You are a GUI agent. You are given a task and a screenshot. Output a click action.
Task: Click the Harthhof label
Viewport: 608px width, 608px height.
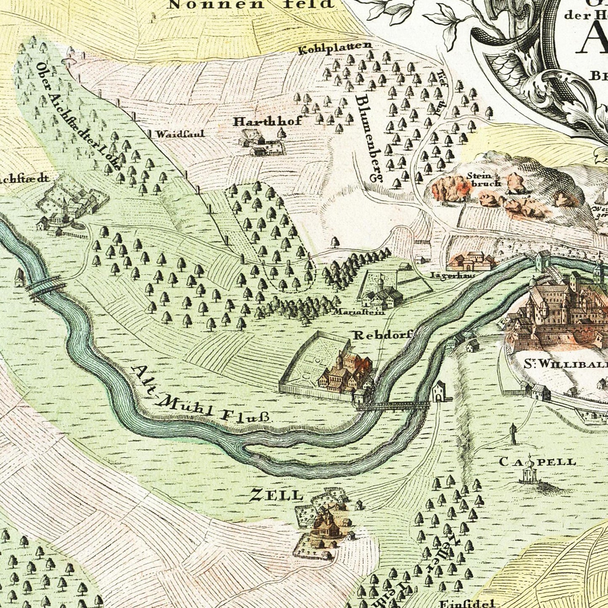click(x=268, y=122)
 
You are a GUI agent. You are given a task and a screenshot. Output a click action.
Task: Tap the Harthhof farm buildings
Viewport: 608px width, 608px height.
click(x=260, y=143)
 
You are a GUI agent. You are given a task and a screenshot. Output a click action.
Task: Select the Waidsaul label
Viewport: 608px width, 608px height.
click(x=180, y=134)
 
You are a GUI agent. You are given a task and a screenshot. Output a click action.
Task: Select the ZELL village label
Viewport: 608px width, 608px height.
click(x=276, y=495)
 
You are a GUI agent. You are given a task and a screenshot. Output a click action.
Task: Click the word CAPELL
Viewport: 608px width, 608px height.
click(x=537, y=462)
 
